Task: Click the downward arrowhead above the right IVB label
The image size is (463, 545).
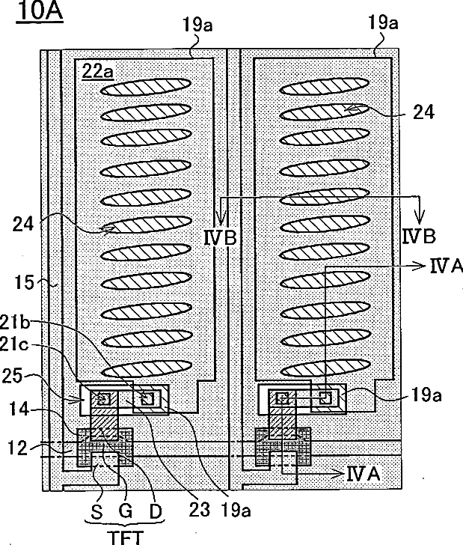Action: [420, 210]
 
